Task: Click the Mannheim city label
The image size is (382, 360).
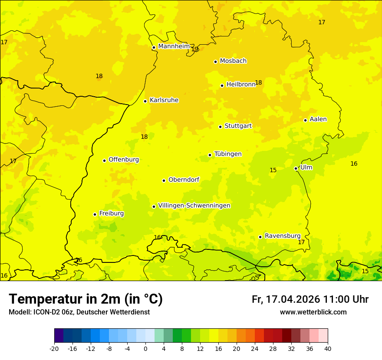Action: [174, 46]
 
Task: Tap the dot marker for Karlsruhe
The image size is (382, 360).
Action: [145, 101]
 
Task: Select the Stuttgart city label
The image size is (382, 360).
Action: [238, 126]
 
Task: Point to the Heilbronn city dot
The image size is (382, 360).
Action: [222, 85]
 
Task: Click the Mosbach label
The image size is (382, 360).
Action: [233, 61]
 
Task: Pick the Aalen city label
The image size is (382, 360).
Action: [318, 119]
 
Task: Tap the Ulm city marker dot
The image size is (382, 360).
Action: [296, 168]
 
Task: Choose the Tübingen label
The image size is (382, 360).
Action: [228, 154]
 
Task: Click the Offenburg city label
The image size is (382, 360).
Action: [124, 160]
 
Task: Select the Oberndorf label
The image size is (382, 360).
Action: [184, 180]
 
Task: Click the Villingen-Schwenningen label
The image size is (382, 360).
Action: [194, 206]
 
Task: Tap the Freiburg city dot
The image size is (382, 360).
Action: [95, 214]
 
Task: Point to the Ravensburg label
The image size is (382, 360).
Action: [283, 236]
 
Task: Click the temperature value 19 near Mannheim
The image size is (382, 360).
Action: [195, 49]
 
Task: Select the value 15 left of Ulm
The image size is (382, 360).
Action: [273, 170]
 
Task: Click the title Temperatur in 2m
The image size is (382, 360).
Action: [86, 299]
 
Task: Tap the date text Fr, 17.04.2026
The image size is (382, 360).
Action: [285, 299]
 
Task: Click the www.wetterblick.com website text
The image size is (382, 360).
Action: [313, 312]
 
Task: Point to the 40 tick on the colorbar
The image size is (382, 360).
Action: [327, 348]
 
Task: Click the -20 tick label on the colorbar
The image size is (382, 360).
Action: [54, 348]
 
